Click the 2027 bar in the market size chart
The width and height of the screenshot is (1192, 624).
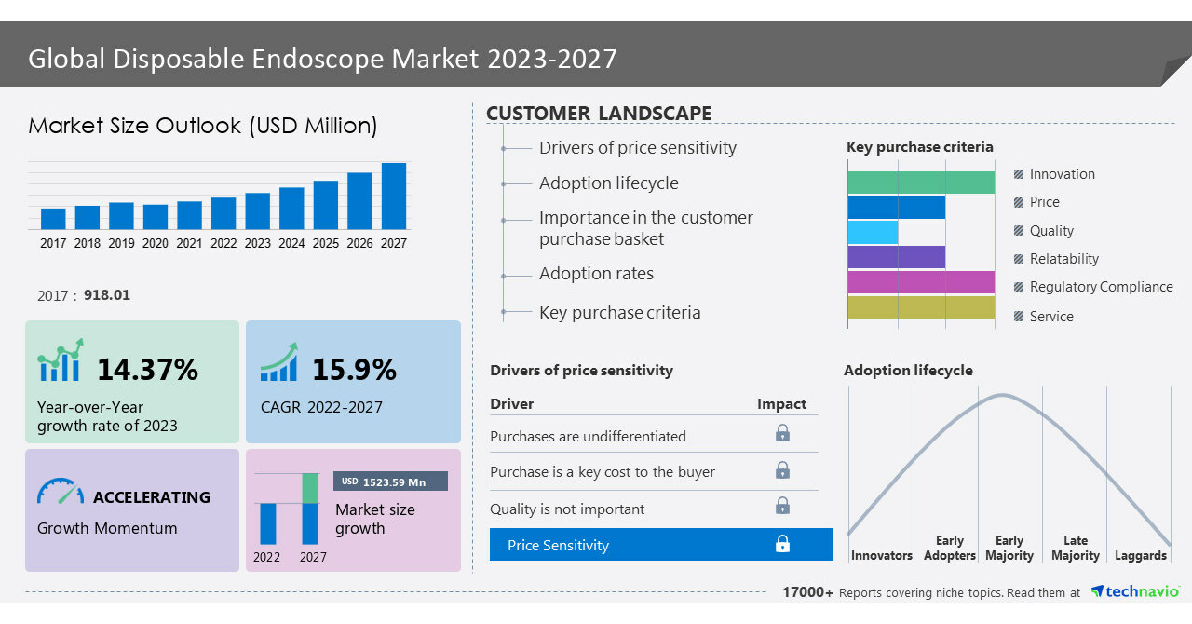pyautogui.click(x=394, y=197)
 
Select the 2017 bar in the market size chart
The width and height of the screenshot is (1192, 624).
pyautogui.click(x=53, y=219)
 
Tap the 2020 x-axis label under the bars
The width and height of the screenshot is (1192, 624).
pyautogui.click(x=156, y=243)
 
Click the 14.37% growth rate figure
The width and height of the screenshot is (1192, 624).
pyautogui.click(x=147, y=370)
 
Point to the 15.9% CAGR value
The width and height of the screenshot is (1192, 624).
pyautogui.click(x=354, y=370)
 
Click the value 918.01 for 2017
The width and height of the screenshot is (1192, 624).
pyautogui.click(x=107, y=295)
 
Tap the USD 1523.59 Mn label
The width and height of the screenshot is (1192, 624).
pyautogui.click(x=390, y=482)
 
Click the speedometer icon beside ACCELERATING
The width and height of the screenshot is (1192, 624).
pyautogui.click(x=61, y=492)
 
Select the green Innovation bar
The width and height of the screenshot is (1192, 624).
pyautogui.click(x=921, y=183)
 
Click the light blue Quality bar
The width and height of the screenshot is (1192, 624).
pyautogui.click(x=873, y=232)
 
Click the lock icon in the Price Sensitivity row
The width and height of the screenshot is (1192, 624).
pyautogui.click(x=782, y=544)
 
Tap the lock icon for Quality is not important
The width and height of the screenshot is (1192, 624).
pyautogui.click(x=782, y=506)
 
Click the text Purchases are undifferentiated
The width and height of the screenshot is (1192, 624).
pyautogui.click(x=588, y=436)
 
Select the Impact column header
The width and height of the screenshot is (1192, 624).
pyautogui.click(x=781, y=403)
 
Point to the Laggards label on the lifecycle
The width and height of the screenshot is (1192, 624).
pyautogui.click(x=1140, y=555)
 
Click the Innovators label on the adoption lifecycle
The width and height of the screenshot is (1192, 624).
pyautogui.click(x=881, y=555)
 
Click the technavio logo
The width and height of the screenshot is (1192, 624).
pyautogui.click(x=1134, y=591)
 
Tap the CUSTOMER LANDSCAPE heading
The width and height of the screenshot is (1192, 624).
pyautogui.click(x=599, y=114)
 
